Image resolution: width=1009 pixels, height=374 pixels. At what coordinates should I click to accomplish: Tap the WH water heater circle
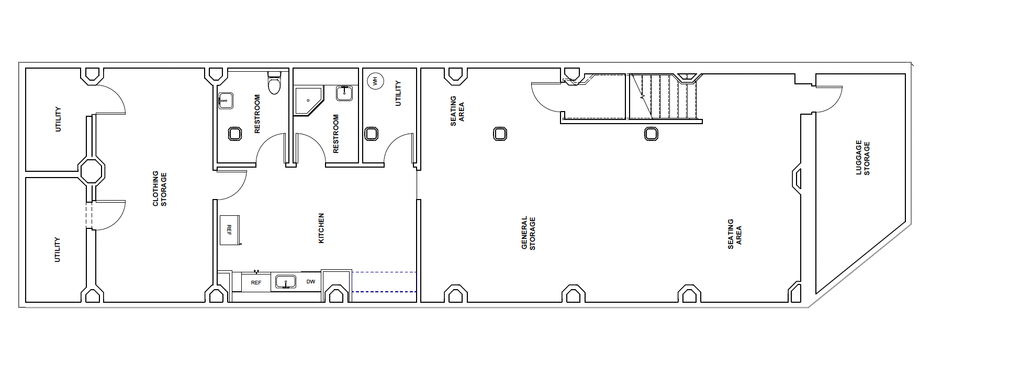[375, 81]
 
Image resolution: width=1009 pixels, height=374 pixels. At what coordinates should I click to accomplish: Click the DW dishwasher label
[311, 282]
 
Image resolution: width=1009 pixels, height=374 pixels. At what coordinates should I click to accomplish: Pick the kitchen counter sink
[286, 282]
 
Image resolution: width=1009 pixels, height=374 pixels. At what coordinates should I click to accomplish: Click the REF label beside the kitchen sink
[256, 283]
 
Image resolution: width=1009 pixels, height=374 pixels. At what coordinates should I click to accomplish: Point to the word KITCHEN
[321, 228]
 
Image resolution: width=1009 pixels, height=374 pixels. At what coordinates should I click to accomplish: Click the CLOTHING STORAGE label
[160, 189]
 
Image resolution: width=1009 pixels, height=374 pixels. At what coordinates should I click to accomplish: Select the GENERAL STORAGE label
[529, 233]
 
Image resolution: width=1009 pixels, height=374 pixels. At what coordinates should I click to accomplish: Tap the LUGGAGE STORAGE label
[862, 158]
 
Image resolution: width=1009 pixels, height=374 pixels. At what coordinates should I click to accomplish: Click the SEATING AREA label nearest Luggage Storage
[735, 234]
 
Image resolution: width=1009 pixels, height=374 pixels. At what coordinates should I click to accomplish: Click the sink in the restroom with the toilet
[226, 101]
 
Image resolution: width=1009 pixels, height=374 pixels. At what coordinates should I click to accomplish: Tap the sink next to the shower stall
[344, 93]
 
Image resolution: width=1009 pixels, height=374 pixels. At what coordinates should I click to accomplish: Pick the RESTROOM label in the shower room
[336, 134]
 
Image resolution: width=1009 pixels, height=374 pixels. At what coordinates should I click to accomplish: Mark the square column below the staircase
[651, 134]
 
